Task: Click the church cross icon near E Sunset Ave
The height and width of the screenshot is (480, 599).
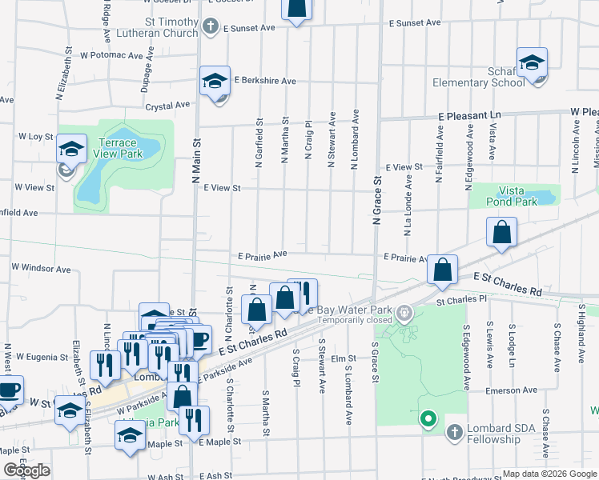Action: click(211, 27)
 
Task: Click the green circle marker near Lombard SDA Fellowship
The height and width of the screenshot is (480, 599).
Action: click(428, 418)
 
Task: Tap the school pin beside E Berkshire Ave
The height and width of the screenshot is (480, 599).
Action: click(215, 81)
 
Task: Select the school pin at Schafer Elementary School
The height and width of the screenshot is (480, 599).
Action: click(532, 64)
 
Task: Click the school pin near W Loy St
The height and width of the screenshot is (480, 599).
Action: click(71, 149)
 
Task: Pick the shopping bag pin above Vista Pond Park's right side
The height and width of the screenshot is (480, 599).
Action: click(501, 233)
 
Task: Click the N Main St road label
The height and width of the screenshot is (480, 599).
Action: click(195, 160)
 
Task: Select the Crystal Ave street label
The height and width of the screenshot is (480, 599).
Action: click(167, 105)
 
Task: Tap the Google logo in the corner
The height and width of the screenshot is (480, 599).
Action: click(27, 470)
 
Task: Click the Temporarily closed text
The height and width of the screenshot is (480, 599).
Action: click(355, 319)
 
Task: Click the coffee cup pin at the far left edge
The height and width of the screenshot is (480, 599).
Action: click(10, 391)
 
